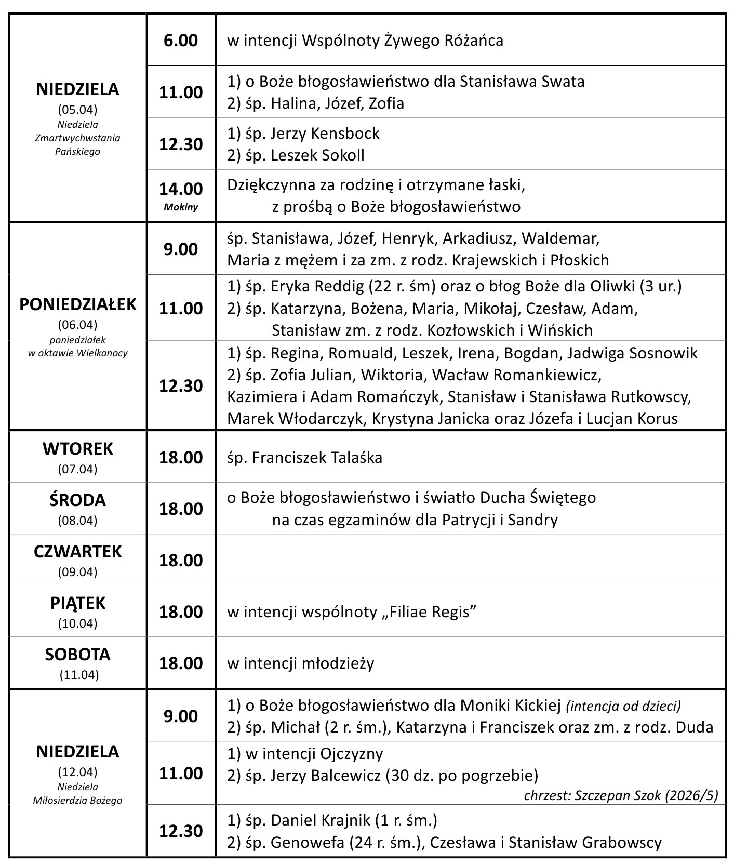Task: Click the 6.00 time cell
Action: (181, 41)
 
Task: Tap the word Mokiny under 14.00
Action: (181, 207)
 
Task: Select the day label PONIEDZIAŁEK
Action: (78, 304)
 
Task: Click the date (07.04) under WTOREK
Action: (78, 469)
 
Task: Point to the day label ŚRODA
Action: (78, 500)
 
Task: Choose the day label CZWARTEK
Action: (78, 551)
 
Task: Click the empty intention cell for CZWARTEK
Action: (470, 560)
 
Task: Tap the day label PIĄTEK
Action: (78, 603)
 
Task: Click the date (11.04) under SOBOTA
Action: (78, 675)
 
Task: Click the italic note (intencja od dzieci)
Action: (623, 706)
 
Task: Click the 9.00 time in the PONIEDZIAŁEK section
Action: (181, 249)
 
